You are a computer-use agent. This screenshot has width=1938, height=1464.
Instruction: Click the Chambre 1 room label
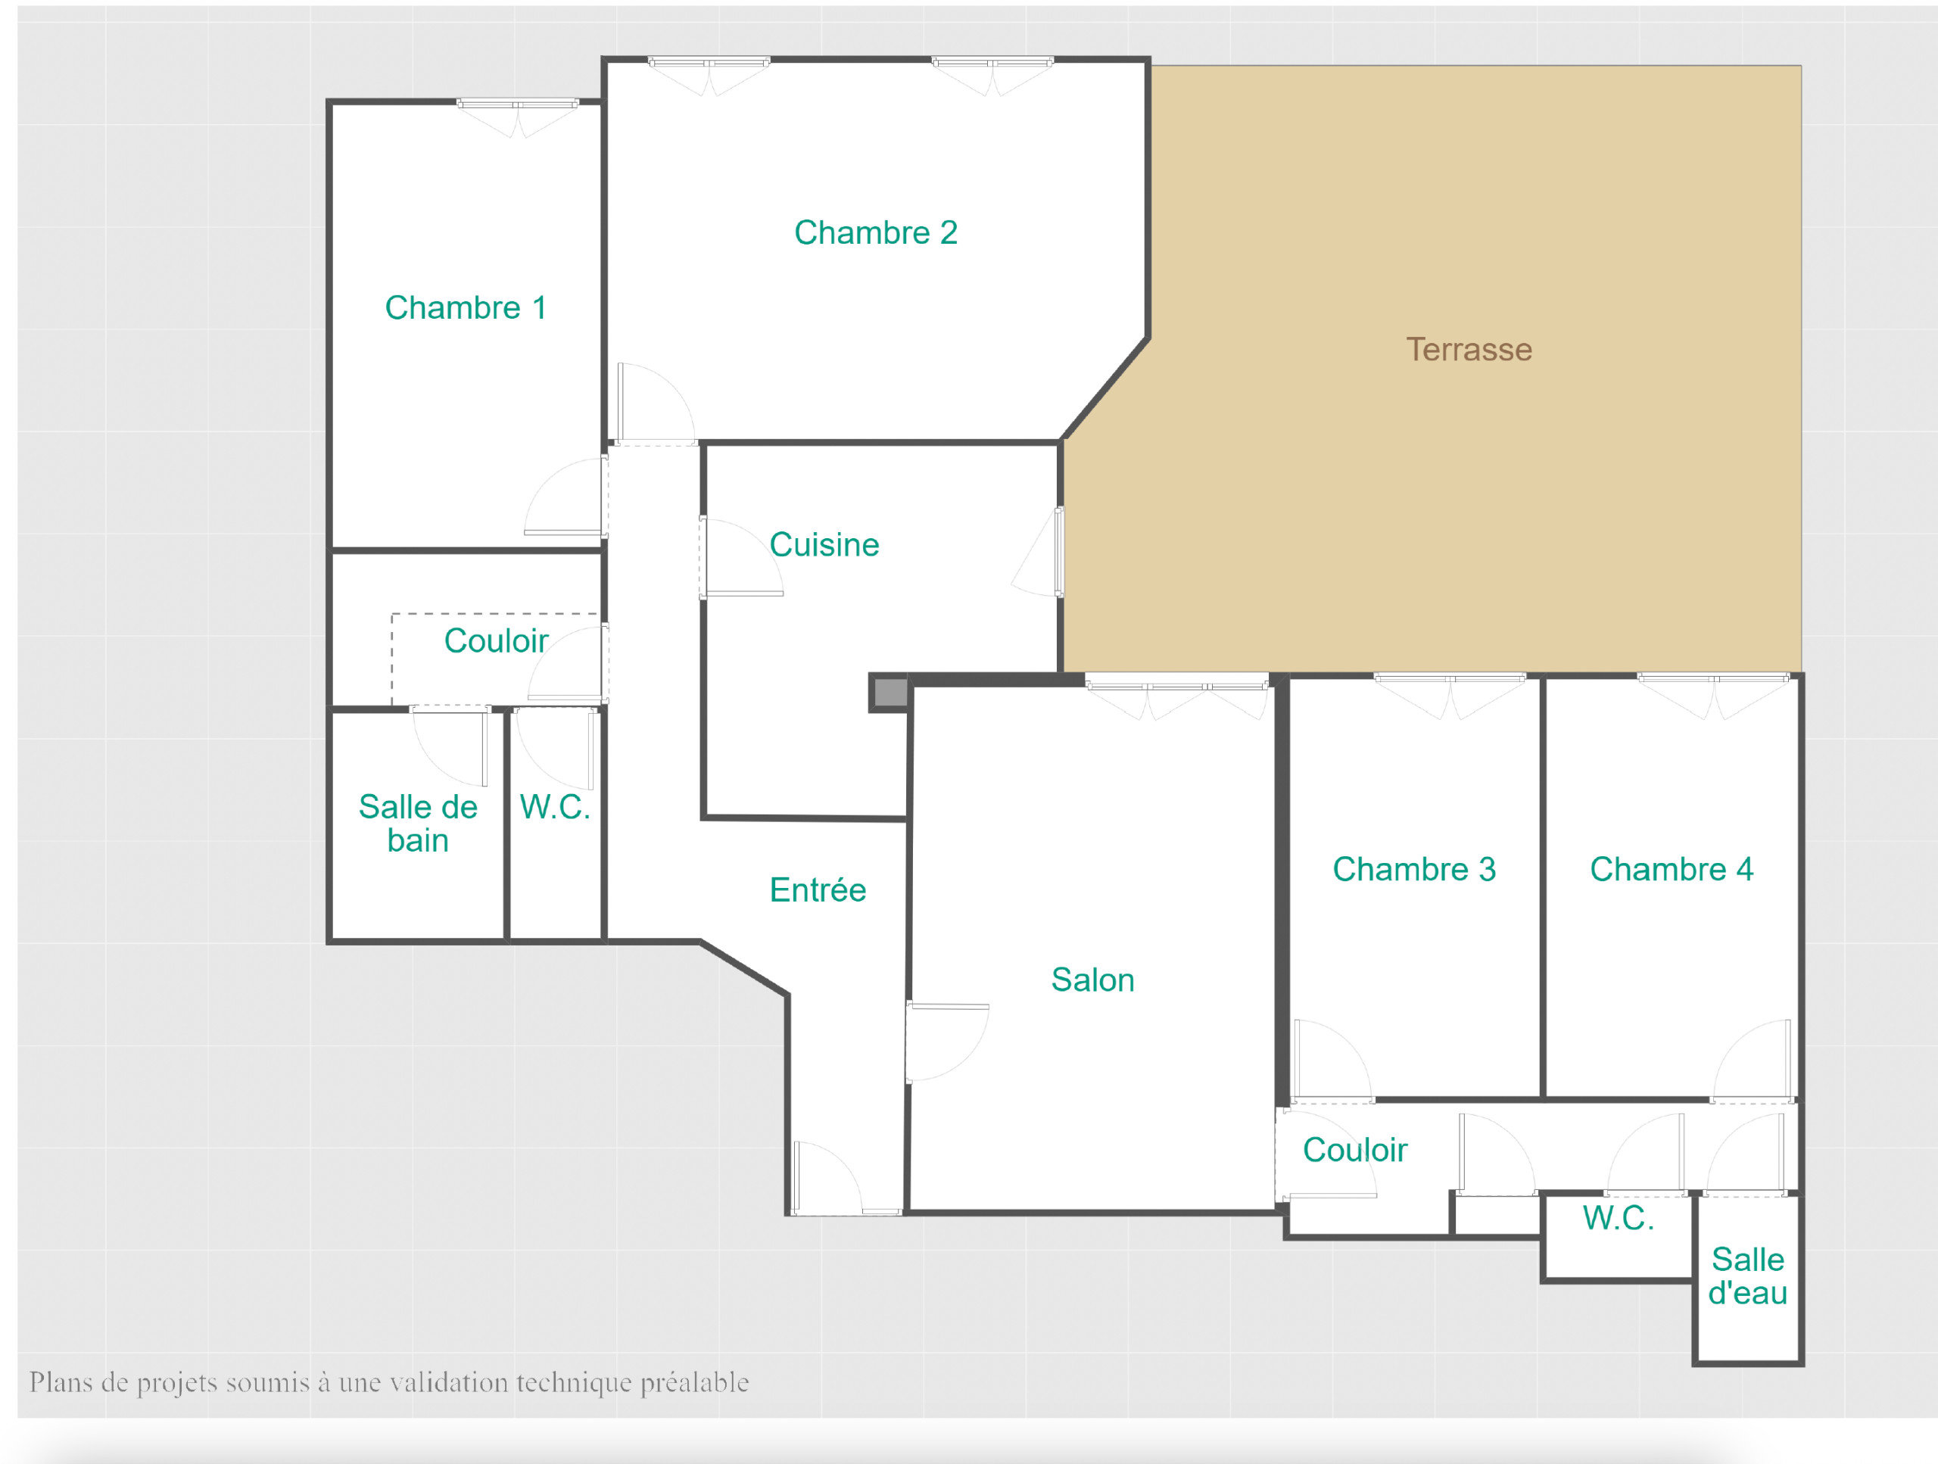[466, 307]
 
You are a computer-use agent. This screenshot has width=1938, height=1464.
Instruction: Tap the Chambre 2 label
[875, 232]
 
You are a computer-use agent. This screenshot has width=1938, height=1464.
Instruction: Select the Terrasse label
[1469, 350]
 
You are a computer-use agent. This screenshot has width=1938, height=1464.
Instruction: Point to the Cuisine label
[824, 544]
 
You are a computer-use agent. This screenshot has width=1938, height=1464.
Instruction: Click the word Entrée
[818, 889]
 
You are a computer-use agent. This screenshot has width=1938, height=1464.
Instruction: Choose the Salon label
[1092, 980]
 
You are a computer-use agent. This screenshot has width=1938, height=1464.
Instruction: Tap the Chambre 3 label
[1414, 869]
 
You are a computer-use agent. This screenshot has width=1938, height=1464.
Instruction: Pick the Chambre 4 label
[1672, 869]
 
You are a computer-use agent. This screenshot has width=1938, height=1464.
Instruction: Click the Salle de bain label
[418, 824]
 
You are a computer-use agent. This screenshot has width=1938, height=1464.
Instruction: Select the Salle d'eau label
[1748, 1276]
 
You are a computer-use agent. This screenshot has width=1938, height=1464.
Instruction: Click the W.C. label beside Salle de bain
[555, 807]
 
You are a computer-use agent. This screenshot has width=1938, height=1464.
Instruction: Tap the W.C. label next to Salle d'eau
[1619, 1218]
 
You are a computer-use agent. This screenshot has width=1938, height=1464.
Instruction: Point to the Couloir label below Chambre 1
[496, 640]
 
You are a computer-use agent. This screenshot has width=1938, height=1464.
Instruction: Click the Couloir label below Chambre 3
[1354, 1149]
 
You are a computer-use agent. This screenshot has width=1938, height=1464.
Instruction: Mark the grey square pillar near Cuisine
[890, 692]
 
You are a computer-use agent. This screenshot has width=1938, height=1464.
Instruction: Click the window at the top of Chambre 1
[517, 104]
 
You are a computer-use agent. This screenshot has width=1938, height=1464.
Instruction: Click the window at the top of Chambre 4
[1714, 678]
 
